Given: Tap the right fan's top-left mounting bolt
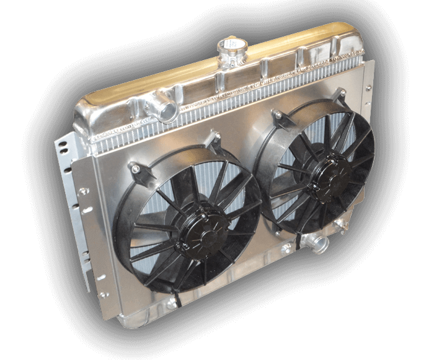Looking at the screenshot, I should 277,116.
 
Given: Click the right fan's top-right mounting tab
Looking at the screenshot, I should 340,94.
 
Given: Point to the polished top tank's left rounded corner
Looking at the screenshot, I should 87,108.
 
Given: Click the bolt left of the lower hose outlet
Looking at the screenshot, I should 287,248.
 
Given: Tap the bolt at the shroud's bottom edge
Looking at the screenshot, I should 170,305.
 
